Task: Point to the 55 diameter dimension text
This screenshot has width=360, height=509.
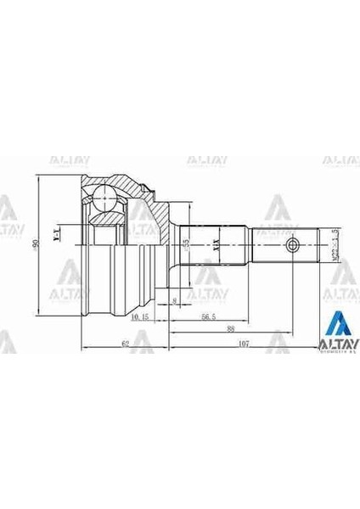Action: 185,246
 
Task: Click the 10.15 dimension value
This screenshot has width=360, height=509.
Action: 141,316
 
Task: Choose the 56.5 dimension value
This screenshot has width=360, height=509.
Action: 207,316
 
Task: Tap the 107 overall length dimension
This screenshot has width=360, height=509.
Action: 245,344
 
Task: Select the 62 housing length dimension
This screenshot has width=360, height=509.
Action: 125,344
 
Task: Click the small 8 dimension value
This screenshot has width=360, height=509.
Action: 174,302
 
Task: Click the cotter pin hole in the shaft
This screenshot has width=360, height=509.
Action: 293,246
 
